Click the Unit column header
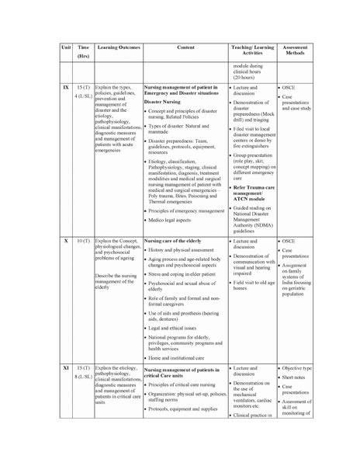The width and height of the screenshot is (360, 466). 65,48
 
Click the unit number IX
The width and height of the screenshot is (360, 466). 65,91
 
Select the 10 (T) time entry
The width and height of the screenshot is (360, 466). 83,243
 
